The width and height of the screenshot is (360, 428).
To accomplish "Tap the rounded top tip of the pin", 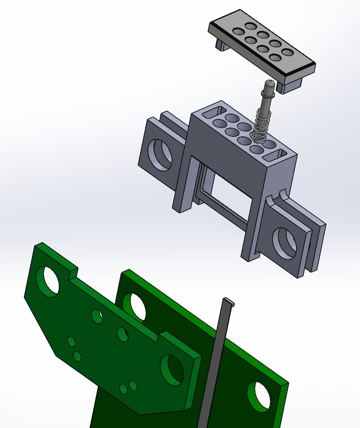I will (x=268, y=83).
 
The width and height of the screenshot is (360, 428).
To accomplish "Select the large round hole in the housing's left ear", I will (x=161, y=154).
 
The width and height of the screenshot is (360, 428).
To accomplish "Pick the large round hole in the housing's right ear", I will (x=285, y=242).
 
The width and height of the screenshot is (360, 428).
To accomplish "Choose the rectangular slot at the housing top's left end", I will (x=215, y=110).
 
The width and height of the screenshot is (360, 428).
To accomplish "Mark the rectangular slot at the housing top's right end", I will (x=276, y=153).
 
